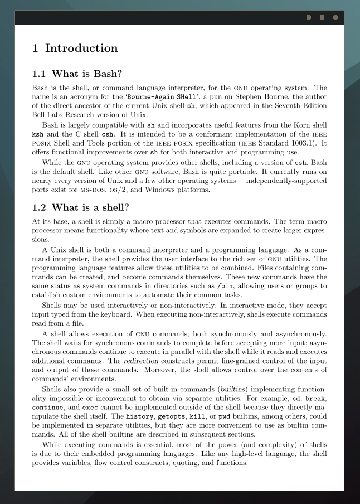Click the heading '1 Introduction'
pos(75,49)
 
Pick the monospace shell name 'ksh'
pos(37,134)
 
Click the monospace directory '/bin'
pos(225,286)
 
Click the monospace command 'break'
pos(314,399)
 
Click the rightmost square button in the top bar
pos(335,17)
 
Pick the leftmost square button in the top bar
pos(309,17)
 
